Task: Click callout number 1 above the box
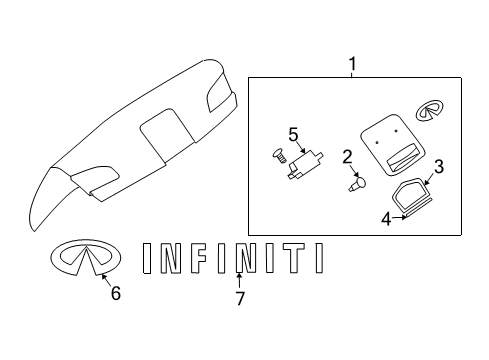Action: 351,64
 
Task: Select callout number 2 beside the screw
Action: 347,156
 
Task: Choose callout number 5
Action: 293,133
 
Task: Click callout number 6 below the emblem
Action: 115,293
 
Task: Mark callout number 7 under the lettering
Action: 239,297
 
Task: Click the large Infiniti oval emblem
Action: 85,258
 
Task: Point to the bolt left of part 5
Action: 278,155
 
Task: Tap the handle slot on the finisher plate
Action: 395,155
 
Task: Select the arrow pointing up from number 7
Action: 239,280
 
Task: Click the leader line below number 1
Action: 351,75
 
